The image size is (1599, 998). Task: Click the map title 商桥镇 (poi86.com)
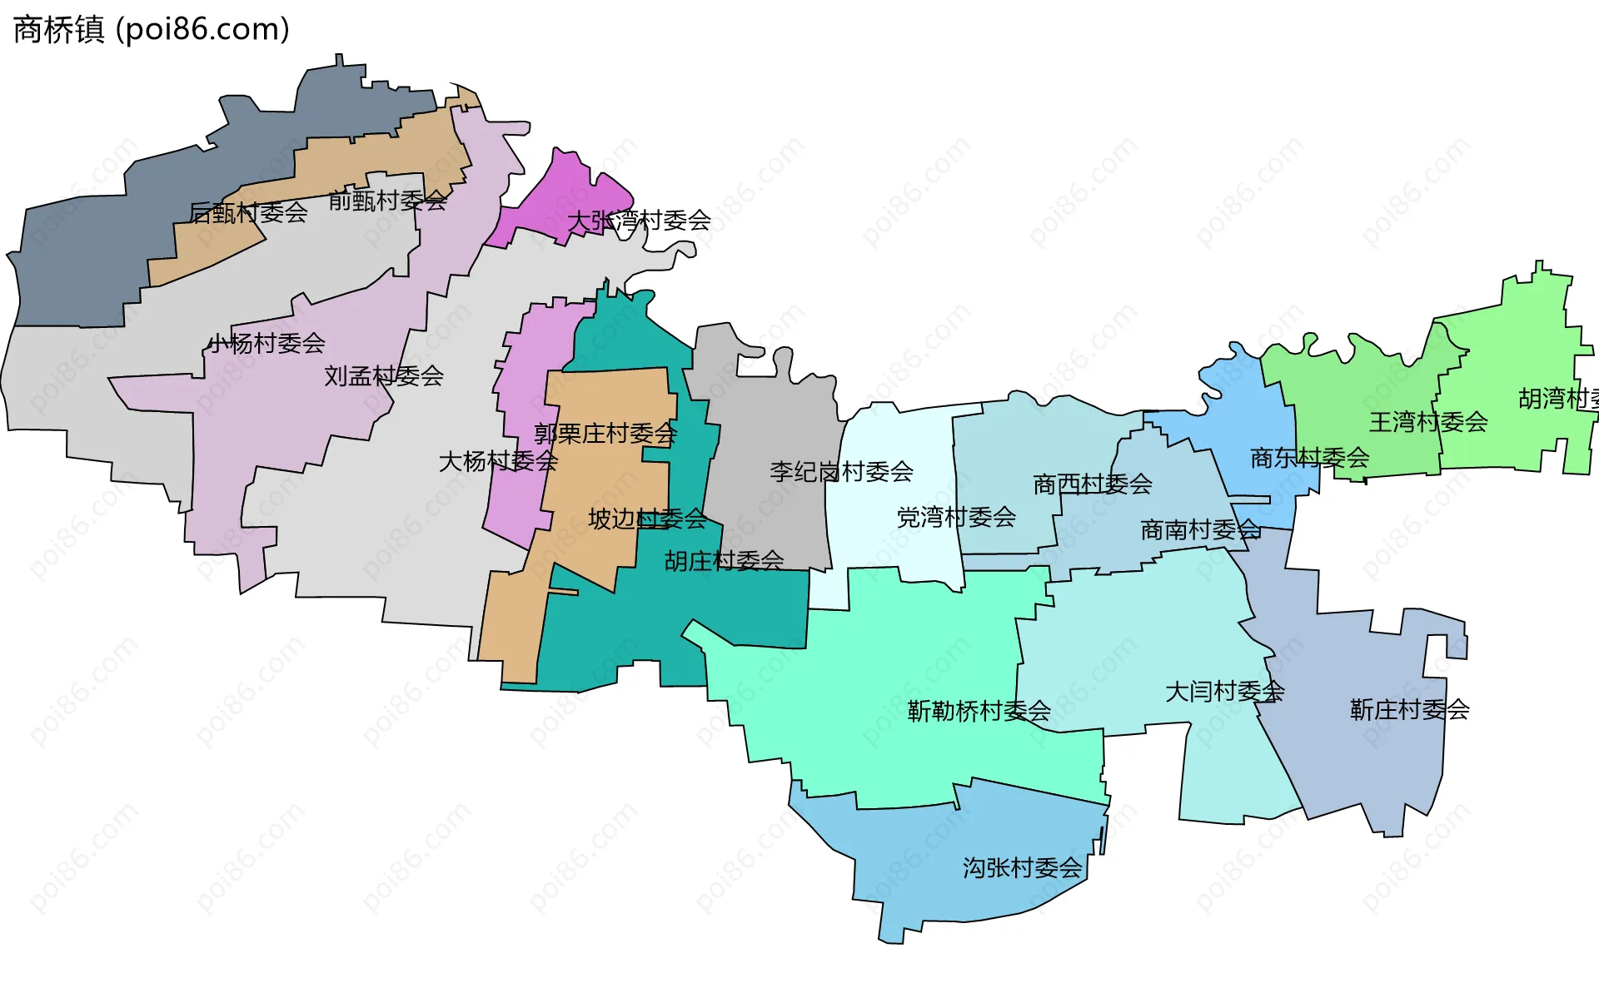pos(152,30)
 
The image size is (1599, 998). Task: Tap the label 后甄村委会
pos(248,213)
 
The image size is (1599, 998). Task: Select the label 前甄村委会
pos(387,201)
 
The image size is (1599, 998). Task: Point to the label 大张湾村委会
pos(639,221)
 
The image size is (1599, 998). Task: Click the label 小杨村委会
pos(266,343)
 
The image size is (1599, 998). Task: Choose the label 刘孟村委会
pos(384,376)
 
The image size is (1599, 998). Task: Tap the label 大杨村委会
pos(498,461)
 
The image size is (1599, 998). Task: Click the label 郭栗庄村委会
pos(605,434)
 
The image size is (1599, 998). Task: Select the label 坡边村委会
pos(647,519)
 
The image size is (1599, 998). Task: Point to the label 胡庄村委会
pos(724,561)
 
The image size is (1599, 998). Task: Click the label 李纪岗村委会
pos(841,472)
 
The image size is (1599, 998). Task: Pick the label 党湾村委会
pos(956,518)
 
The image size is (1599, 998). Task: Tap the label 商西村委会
pos(1093,484)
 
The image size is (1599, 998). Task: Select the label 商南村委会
pos(1200,529)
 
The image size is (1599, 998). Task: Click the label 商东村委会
pos(1310,457)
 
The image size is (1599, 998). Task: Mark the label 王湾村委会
pos(1428,422)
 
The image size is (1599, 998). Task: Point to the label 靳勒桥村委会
pos(979,711)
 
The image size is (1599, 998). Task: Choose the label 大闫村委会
pos(1224,692)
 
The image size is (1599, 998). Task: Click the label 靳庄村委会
pos(1409,710)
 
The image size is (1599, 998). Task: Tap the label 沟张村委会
pos(1023,868)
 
